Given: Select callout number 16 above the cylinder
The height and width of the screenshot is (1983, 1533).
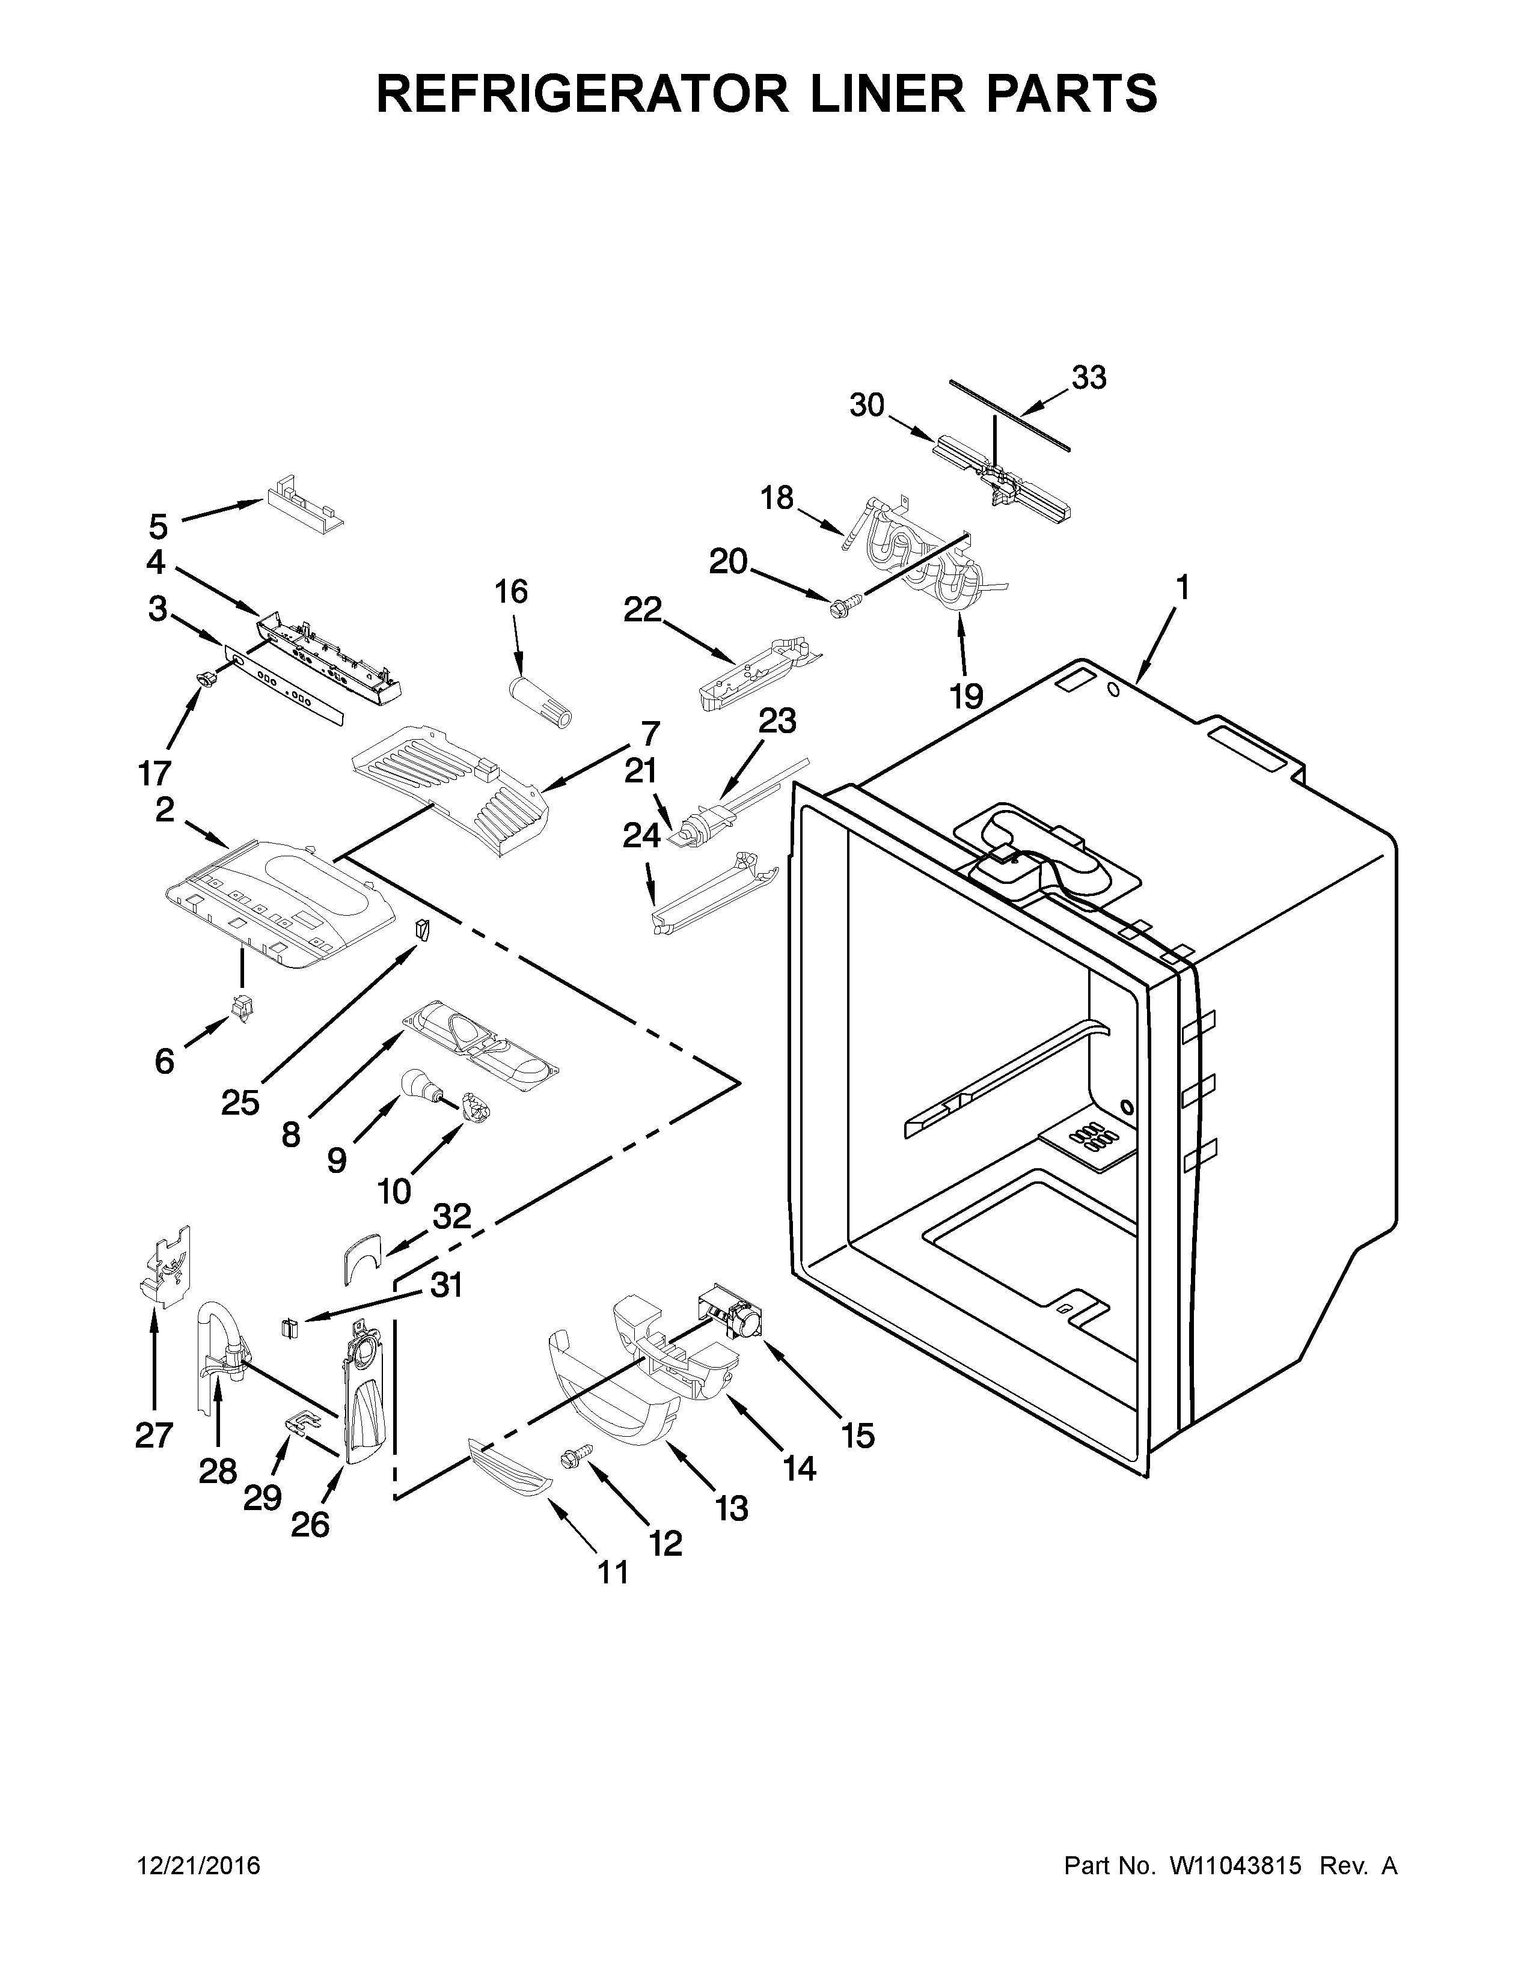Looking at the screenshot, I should click(x=512, y=591).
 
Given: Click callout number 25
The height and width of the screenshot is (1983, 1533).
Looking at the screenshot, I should click(x=240, y=1103).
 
